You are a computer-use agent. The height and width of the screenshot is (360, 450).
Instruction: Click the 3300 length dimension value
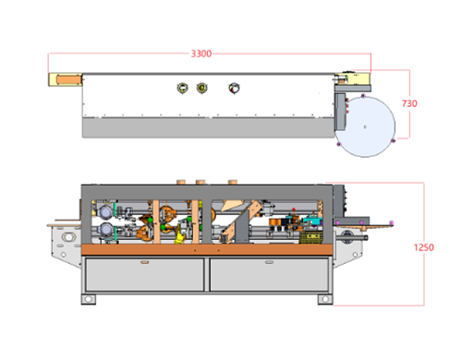[x=201, y=54]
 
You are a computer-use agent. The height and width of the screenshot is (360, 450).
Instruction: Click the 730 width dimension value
[x=409, y=103]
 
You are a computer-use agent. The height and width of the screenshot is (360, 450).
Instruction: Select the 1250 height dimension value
[x=423, y=247]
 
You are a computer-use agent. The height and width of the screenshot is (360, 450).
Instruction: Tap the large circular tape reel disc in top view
[x=365, y=126]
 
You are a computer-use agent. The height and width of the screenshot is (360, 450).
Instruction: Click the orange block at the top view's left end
[x=69, y=79]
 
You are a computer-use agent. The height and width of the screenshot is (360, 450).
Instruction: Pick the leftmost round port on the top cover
[x=182, y=88]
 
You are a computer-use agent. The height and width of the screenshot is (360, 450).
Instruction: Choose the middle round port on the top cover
[x=202, y=88]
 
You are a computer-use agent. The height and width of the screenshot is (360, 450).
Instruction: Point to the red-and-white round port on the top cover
[x=234, y=89]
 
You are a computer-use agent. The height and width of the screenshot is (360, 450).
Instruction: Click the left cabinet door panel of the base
[x=145, y=275]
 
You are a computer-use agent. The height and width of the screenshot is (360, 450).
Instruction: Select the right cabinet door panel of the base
[x=269, y=275]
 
